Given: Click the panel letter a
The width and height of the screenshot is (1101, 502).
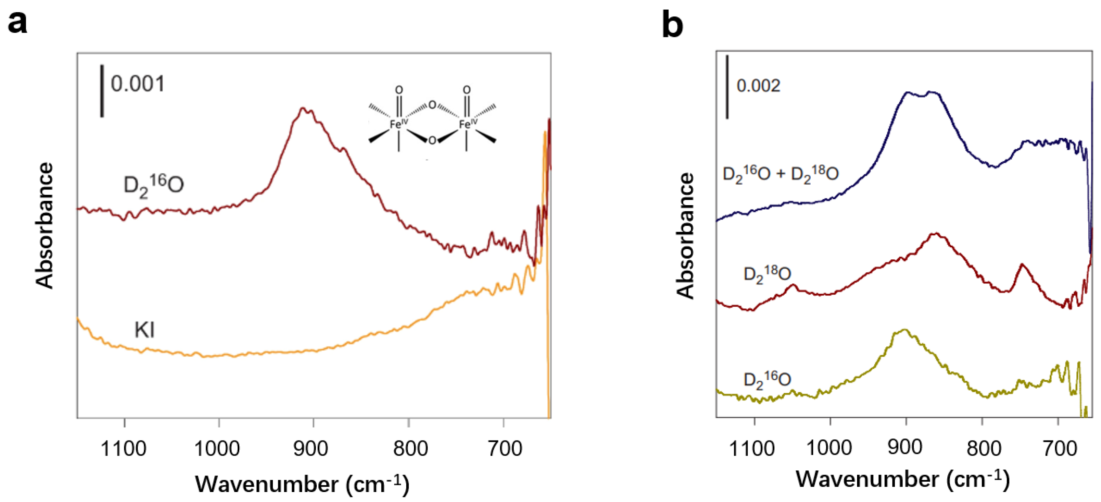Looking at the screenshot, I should coord(18,23).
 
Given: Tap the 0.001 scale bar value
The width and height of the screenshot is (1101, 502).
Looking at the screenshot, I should coord(138,84).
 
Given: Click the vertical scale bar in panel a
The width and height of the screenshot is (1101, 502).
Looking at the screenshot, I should coord(102,91).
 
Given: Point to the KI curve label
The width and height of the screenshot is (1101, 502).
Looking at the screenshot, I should coord(144,330).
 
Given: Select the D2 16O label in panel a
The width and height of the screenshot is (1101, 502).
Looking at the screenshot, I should coord(153,186).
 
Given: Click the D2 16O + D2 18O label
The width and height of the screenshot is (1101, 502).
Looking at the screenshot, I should coord(780,175).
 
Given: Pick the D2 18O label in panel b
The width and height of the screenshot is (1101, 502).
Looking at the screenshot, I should coord(767,274).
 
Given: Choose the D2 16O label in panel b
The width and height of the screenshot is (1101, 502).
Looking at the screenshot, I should coord(767,380).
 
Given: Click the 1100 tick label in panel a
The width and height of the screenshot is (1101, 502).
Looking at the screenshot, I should coord(123,449).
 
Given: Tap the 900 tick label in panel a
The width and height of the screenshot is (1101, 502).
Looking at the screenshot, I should coord(311,449).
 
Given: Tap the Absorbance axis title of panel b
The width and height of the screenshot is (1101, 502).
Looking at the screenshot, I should coord(685,235).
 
